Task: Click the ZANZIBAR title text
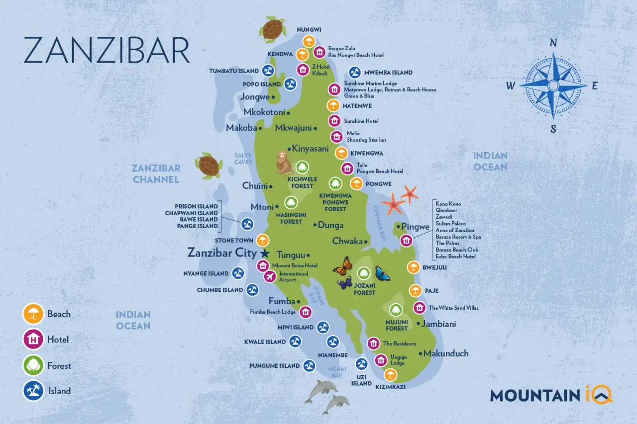106,50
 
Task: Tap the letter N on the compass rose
553,43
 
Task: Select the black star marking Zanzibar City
265,253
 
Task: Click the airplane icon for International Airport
270,277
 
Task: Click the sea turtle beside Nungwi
271,28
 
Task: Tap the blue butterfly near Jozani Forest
382,273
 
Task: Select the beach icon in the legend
33,314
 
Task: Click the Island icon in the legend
33,391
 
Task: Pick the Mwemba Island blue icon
355,73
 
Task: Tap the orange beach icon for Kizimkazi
391,375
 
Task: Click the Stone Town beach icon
262,241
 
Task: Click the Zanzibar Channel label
156,174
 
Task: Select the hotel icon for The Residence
374,343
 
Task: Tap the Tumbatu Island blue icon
268,71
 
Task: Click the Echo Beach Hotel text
455,256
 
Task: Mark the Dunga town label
330,225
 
